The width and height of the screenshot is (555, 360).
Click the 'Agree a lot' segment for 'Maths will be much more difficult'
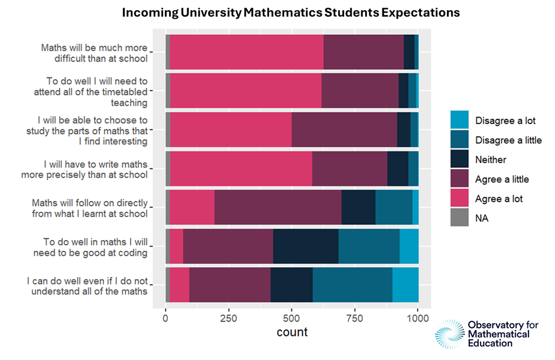(x=246, y=52)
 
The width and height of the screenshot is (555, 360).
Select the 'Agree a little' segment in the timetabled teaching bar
(x=360, y=91)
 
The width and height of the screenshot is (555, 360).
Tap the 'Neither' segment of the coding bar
(x=306, y=247)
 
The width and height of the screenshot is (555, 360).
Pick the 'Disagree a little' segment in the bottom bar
(x=352, y=285)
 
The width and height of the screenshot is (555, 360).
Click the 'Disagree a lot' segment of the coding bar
(x=409, y=247)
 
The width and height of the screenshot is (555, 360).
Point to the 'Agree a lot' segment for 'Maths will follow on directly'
(x=192, y=207)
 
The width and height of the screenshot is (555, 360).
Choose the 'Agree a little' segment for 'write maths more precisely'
(x=349, y=169)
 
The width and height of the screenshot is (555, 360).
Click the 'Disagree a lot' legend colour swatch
(x=459, y=121)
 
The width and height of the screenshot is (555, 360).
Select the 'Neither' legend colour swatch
(x=459, y=160)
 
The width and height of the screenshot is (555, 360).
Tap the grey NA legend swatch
(x=459, y=218)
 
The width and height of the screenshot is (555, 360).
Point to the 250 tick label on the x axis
(x=228, y=318)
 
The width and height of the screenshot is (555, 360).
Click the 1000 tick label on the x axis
(x=418, y=318)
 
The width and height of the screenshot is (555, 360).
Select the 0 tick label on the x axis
(x=165, y=318)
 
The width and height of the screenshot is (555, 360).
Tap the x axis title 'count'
(x=292, y=332)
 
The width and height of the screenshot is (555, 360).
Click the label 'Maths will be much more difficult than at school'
(x=94, y=53)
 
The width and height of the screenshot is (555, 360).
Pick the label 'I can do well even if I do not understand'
(x=87, y=286)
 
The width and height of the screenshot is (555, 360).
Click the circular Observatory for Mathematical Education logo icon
(x=450, y=334)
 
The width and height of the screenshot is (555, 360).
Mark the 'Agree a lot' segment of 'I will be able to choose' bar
(x=231, y=130)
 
